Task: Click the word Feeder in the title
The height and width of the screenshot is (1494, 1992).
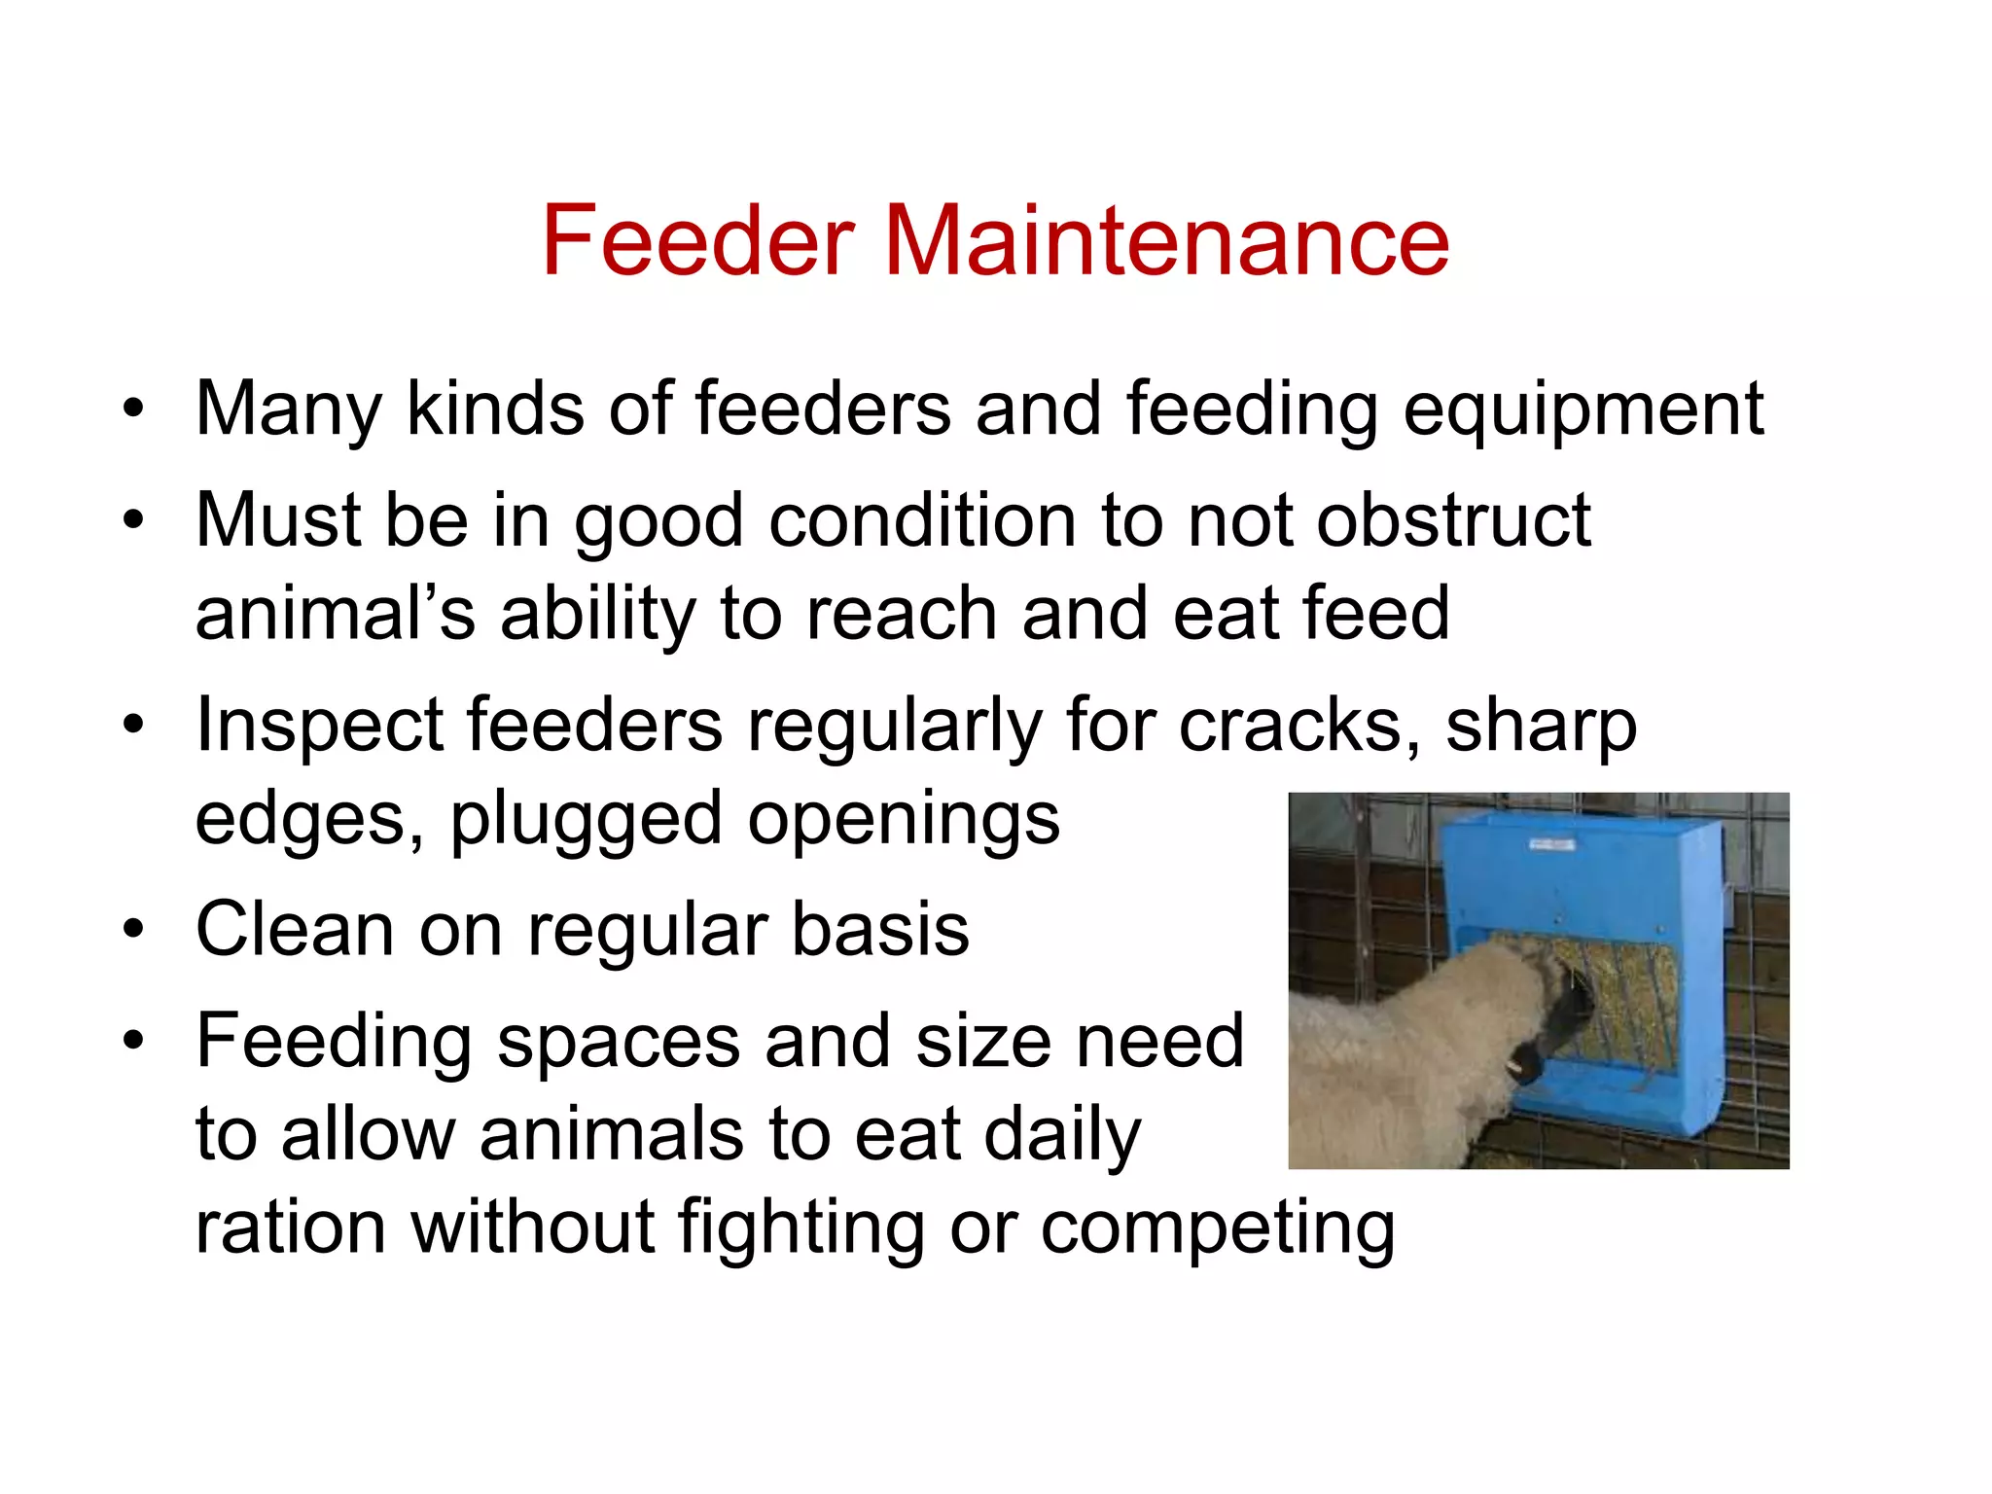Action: coord(698,240)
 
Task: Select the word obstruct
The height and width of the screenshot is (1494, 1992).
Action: coord(1453,520)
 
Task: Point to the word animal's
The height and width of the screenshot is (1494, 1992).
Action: coord(336,614)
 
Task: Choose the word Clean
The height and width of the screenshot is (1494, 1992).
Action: coord(295,929)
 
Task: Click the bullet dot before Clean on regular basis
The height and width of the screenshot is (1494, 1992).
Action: coord(133,929)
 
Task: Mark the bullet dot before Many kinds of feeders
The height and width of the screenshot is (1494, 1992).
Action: coord(133,409)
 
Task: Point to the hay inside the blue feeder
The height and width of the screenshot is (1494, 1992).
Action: coord(1634,992)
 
